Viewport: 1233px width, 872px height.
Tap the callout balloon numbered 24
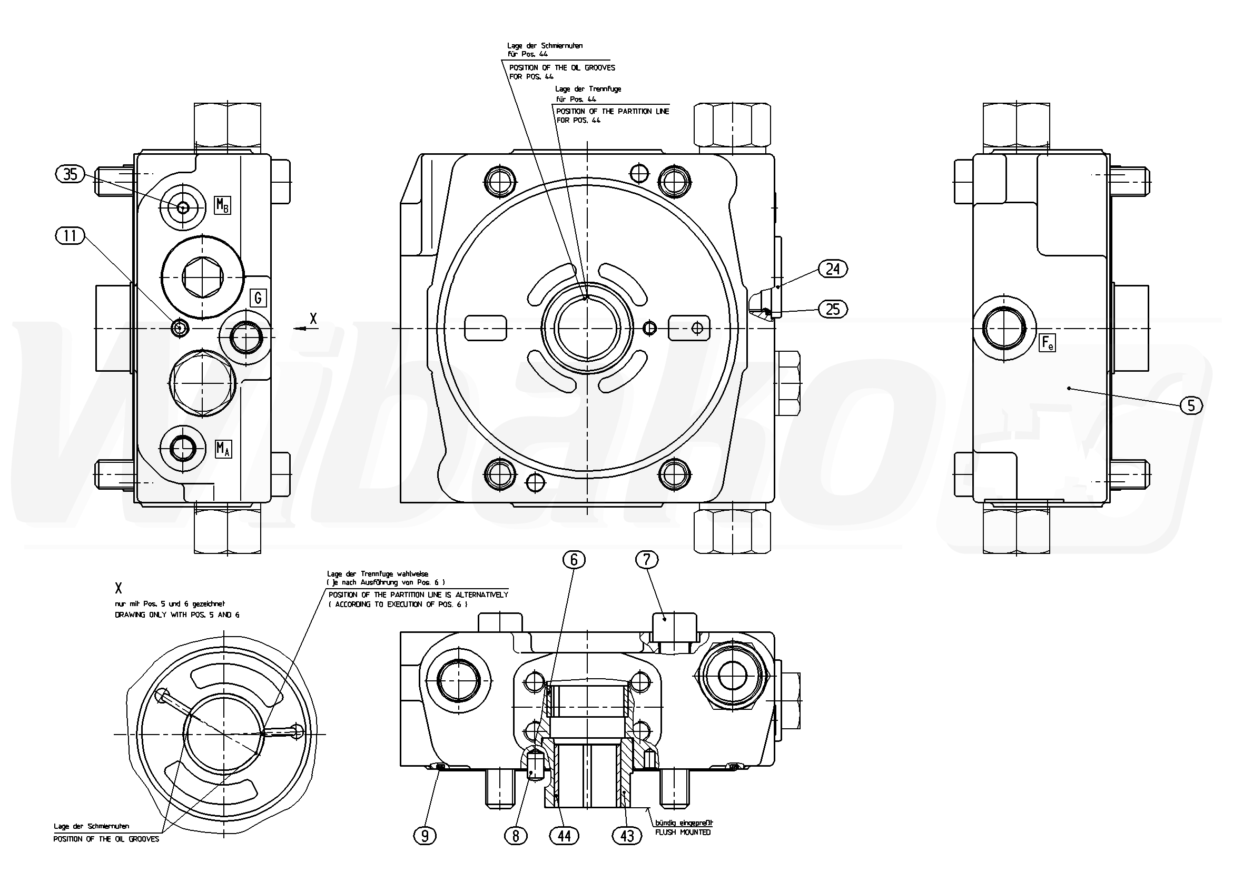point(832,269)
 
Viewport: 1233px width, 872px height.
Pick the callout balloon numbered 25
point(832,309)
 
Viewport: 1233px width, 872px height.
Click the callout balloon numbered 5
point(1191,405)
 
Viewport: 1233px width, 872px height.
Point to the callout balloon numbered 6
point(574,561)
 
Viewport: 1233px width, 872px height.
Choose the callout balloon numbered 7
point(647,560)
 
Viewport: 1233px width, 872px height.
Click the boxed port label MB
point(223,205)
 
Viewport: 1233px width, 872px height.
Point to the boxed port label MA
point(223,448)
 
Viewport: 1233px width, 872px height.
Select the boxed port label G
point(258,298)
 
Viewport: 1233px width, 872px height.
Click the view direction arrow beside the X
point(300,329)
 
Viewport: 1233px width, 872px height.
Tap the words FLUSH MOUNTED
point(683,833)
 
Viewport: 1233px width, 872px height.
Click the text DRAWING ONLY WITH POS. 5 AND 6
point(177,615)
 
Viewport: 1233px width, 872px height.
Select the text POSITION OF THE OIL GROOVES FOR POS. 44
point(562,72)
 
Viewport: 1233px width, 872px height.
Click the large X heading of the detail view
point(119,588)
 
